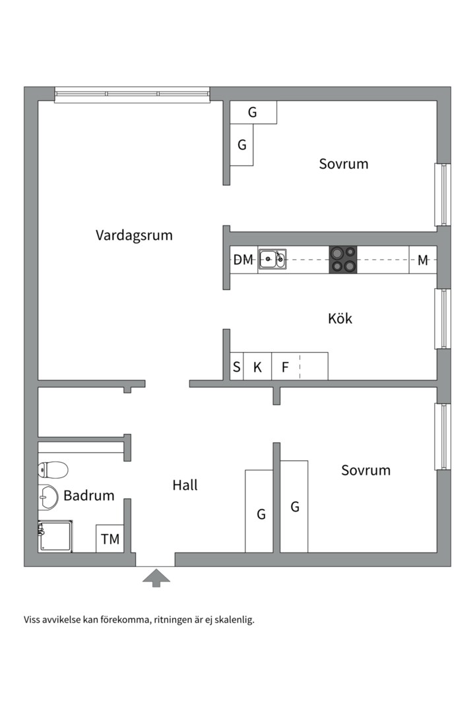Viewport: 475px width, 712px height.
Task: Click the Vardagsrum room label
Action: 134,235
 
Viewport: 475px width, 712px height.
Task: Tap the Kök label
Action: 340,318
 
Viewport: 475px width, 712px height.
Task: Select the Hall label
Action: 185,485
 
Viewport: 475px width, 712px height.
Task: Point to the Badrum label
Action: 89,496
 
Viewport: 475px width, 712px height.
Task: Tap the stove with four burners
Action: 342,260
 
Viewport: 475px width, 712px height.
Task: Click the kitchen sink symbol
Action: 272,259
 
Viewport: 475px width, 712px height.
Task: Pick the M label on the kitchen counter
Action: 423,260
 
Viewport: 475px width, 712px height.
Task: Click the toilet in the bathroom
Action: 53,470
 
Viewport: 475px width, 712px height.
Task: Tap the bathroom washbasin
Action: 47,497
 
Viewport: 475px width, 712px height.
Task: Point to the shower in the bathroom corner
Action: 55,536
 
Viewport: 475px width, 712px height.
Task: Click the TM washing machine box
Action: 110,539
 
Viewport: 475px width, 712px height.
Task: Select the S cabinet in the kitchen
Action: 237,367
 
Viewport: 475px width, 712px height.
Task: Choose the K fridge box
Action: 258,367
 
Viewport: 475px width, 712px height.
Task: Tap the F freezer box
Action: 285,367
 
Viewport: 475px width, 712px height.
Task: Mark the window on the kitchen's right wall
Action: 442,318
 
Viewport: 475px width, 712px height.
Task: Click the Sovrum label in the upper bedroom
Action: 344,163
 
